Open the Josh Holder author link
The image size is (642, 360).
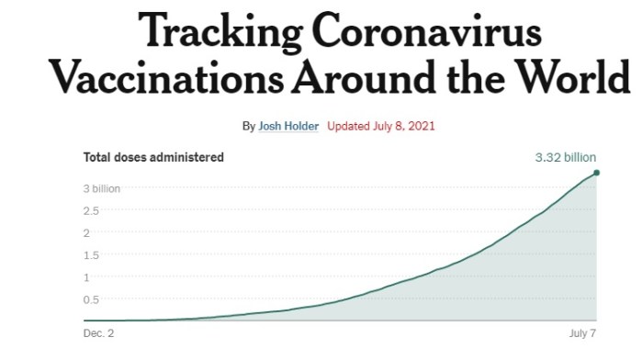tap(289, 126)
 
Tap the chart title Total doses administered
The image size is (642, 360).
tap(153, 158)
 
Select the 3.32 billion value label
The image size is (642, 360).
tap(565, 158)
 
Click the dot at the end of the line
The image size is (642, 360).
tap(596, 173)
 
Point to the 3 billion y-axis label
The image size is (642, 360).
tap(102, 188)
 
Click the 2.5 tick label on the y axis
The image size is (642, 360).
tap(92, 210)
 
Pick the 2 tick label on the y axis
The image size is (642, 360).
tap(86, 232)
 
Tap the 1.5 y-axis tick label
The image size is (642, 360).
tap(92, 254)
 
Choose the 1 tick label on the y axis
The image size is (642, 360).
tap(86, 276)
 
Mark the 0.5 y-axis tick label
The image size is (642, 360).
tap(92, 299)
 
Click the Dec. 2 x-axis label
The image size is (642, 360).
tap(98, 333)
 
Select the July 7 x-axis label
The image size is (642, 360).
tap(581, 333)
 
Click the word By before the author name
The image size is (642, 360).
tap(249, 126)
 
